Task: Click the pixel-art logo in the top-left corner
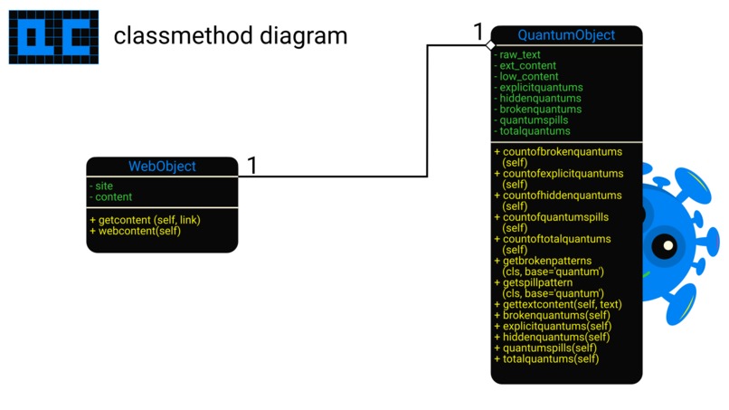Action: pos(53,36)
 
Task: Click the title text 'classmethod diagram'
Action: pos(230,36)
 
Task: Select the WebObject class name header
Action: pos(162,167)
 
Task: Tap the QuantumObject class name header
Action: pos(566,35)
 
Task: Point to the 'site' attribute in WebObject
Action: pos(103,186)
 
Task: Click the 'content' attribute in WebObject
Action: pos(112,196)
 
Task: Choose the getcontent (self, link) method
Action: pos(145,220)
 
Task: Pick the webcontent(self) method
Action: pos(135,231)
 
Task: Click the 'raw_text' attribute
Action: pos(519,55)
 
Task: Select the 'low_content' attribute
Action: pos(528,77)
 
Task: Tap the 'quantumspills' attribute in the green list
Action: pos(533,120)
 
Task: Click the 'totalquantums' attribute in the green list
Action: pos(534,131)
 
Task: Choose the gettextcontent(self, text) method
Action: pos(558,305)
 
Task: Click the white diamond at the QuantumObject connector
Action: pos(490,44)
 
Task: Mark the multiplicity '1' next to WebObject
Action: pos(252,166)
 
